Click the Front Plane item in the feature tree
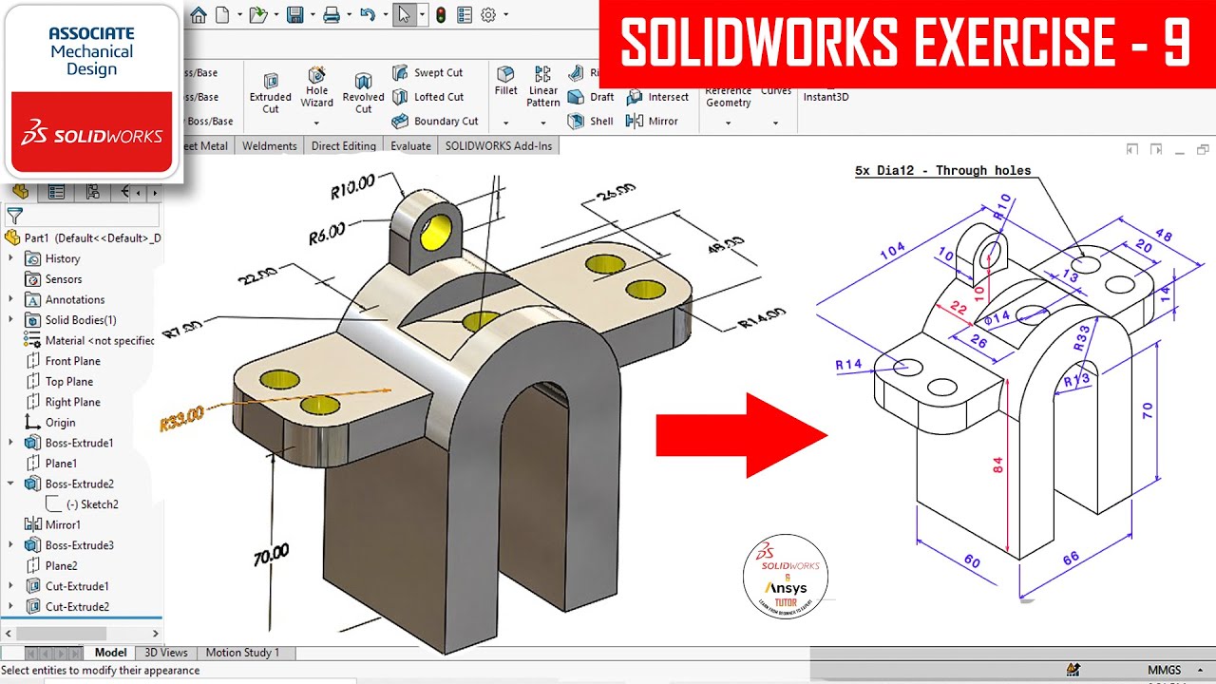72,361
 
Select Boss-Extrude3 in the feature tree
79,545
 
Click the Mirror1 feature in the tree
63,524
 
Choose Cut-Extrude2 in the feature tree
77,607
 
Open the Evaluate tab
410,146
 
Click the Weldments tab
270,146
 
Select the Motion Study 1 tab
242,653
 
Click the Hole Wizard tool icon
316,76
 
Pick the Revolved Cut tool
363,82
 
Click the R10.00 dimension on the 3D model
352,185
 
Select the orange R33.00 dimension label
182,419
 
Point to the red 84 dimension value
997,465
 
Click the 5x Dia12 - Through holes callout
942,171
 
